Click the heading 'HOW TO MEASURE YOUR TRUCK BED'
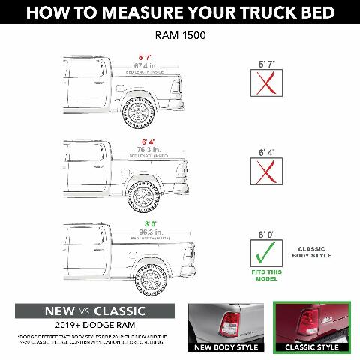pos(180,13)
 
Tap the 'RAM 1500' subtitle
pos(180,36)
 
